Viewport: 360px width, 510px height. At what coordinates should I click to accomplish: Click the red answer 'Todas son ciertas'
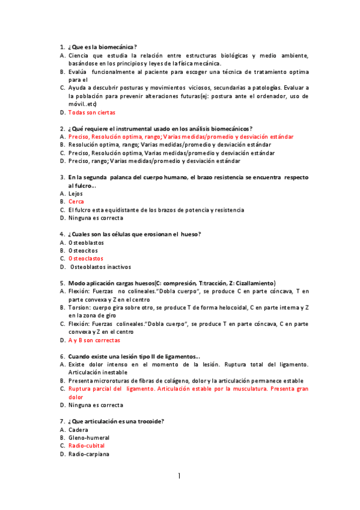click(92, 112)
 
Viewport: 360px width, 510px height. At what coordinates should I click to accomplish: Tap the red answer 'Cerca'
click(76, 201)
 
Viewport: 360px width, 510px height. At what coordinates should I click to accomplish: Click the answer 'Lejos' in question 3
click(76, 194)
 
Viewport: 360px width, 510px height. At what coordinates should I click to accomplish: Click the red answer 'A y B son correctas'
click(94, 340)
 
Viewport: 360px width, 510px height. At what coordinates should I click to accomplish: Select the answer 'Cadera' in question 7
click(78, 430)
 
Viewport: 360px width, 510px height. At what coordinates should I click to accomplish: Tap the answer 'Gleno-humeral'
click(88, 438)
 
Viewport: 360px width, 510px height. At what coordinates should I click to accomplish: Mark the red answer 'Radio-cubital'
click(87, 446)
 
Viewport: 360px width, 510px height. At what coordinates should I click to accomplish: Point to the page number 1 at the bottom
click(179, 476)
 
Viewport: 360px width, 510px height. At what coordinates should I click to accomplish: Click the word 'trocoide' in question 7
click(148, 422)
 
